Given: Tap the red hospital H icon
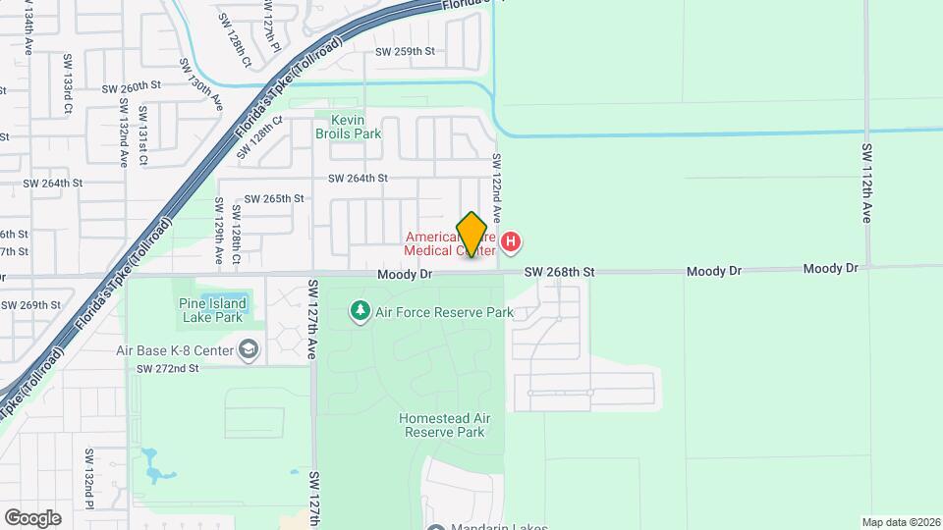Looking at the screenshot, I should coord(511,241).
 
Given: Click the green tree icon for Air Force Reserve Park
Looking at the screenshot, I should coord(361,312).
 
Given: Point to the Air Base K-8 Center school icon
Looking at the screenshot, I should coord(250,350).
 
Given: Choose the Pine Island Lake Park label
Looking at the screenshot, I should coord(210,310).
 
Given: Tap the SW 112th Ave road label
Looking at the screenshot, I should coord(867,184).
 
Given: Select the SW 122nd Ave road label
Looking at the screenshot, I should coord(497,186).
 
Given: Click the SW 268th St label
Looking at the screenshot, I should coord(560,272).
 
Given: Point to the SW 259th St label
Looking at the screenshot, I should coord(405,51).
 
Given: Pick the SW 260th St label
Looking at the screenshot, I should coord(131,87).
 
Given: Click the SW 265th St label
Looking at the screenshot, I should coord(274,198).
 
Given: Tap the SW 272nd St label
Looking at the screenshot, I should coord(168,368).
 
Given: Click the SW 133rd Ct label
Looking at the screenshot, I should coord(68,84).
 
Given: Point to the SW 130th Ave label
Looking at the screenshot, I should coord(200,82).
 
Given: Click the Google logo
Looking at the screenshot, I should coord(32,518).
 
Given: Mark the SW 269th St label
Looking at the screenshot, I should coord(30,305).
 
